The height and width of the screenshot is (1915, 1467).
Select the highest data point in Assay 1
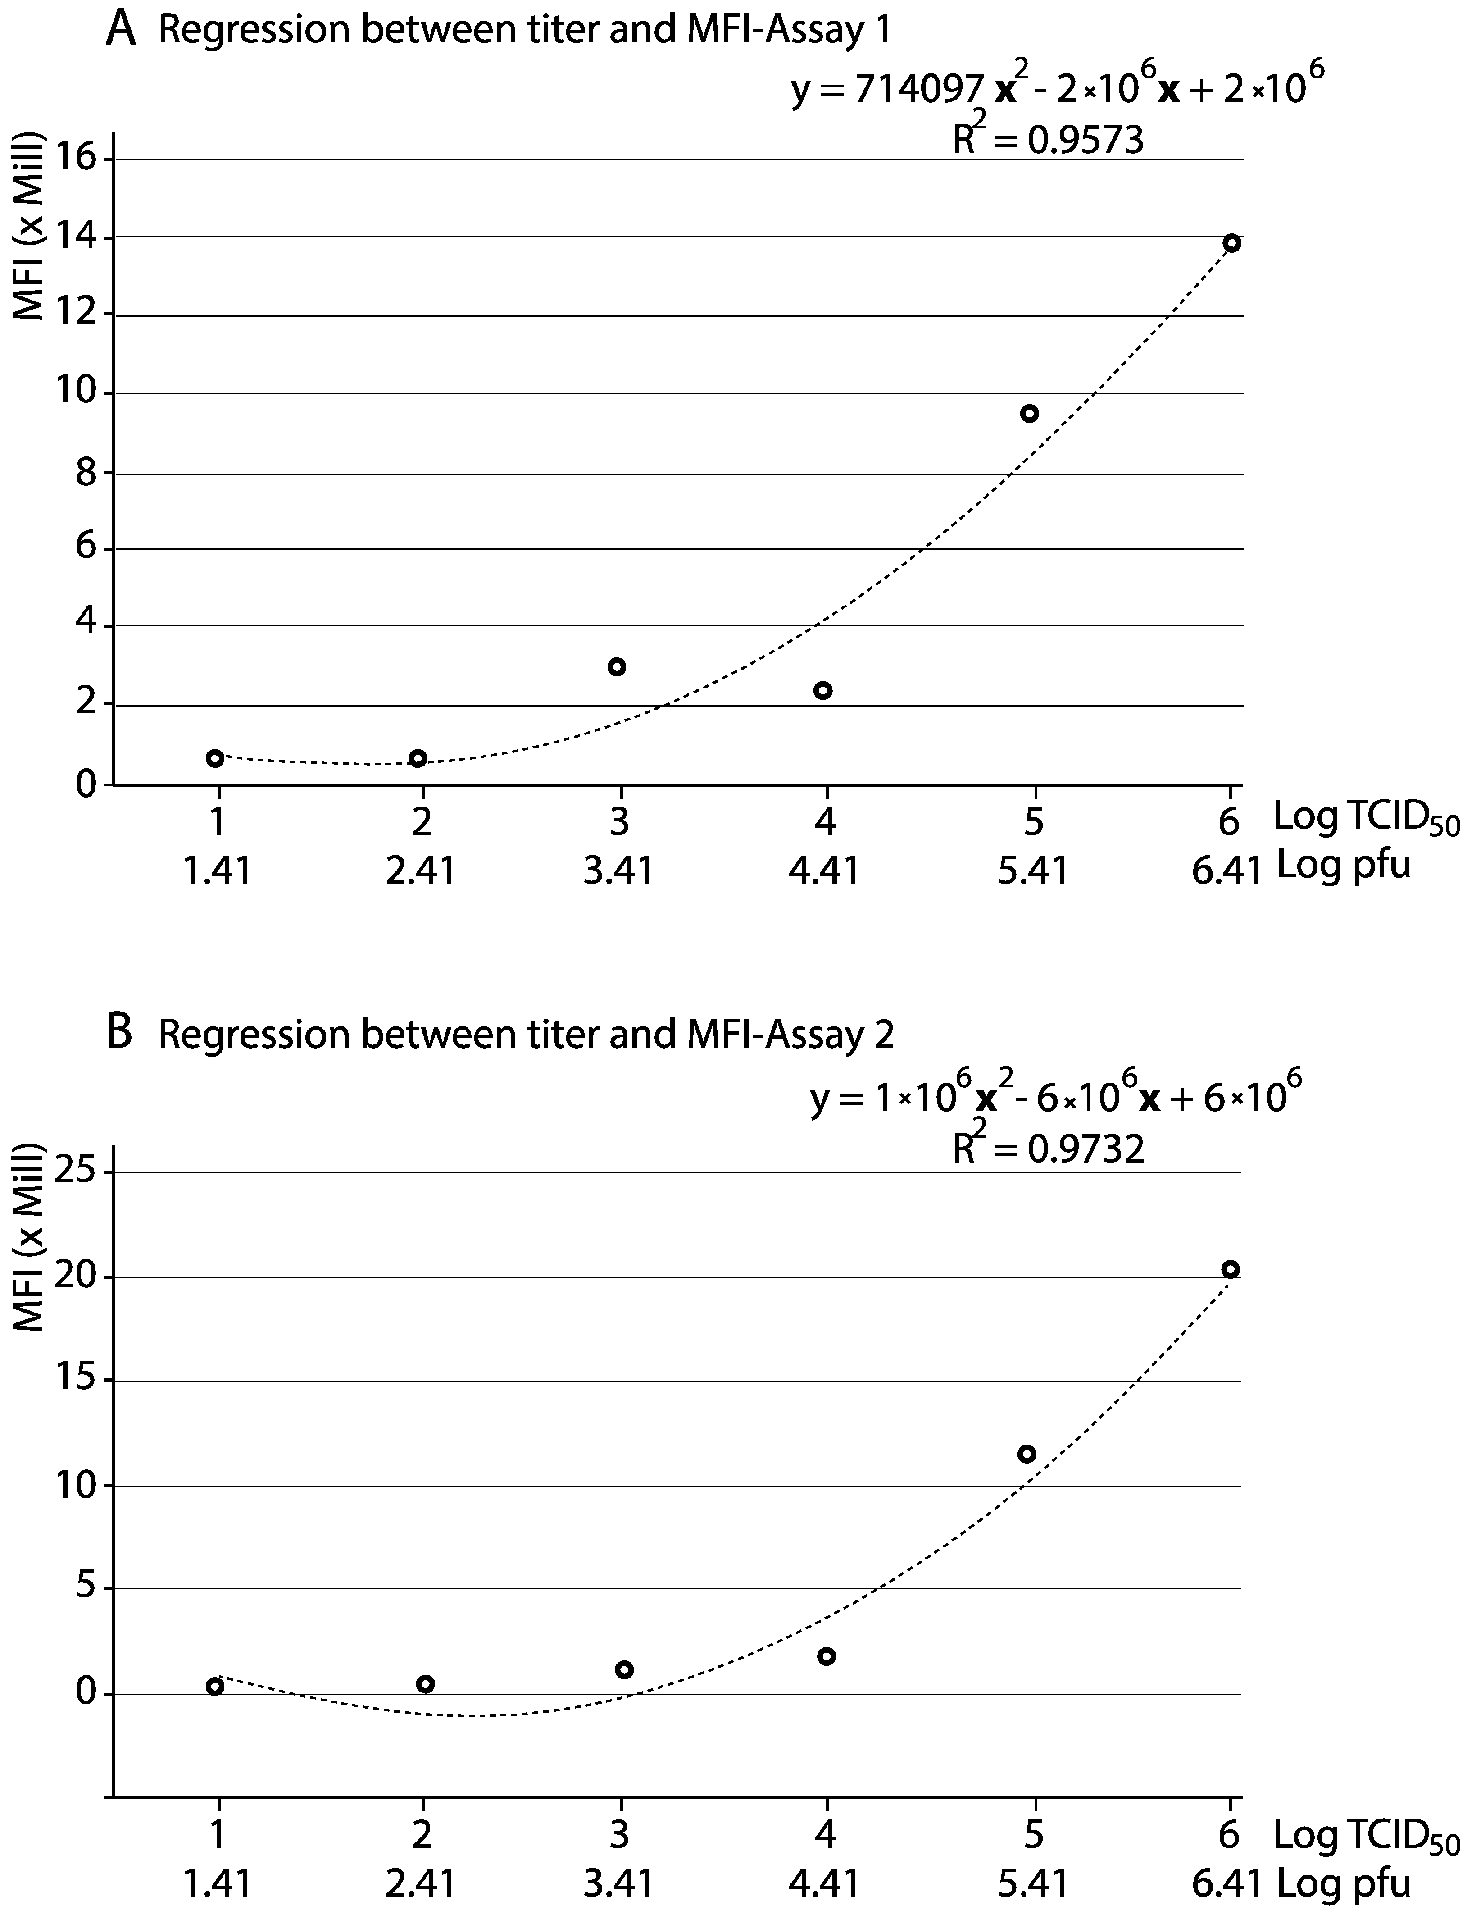click(1231, 243)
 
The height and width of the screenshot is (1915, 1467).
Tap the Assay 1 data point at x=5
click(1030, 413)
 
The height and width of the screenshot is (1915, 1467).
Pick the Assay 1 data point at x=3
click(617, 666)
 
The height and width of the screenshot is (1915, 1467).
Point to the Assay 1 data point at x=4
click(822, 690)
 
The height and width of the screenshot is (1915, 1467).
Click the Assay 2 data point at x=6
click(1231, 1269)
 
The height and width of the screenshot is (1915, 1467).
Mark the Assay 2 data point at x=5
click(1027, 1454)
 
